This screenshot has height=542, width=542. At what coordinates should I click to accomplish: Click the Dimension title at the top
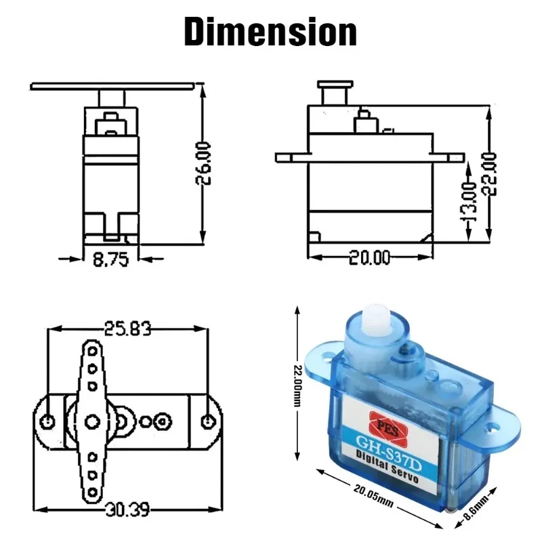tap(270, 32)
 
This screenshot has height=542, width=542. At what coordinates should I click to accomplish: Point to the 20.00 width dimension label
tap(370, 257)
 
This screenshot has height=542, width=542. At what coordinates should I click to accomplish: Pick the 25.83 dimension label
tap(127, 329)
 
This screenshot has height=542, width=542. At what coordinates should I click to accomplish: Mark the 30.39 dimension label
tap(127, 508)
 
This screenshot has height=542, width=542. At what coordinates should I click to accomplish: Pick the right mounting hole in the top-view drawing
tap(207, 421)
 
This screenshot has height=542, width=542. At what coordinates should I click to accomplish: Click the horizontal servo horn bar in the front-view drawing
tap(112, 86)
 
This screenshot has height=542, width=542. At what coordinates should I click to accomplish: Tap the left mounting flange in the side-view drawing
tap(290, 157)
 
